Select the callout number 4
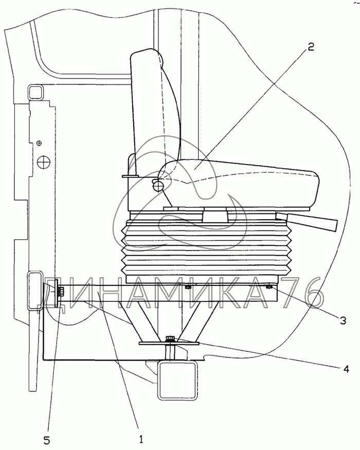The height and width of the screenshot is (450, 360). point(346,369)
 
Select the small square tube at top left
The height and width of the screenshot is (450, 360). point(37,93)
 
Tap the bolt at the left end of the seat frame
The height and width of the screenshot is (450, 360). point(61,292)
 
